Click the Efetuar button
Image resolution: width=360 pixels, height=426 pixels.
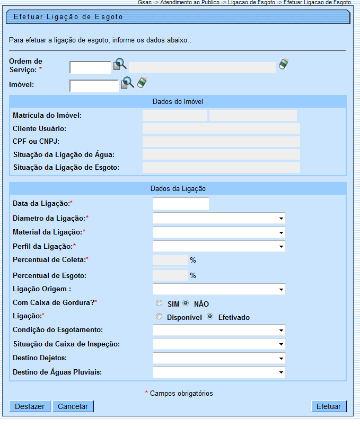click(x=329, y=406)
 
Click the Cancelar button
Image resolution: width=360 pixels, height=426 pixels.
click(x=73, y=406)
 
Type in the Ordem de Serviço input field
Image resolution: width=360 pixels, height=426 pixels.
click(x=90, y=67)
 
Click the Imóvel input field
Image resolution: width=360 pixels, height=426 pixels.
click(x=94, y=85)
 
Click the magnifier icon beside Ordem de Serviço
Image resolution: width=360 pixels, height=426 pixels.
click(x=120, y=65)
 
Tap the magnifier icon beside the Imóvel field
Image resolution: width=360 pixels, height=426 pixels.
click(x=127, y=83)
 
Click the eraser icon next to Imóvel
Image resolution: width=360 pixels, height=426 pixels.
click(x=142, y=82)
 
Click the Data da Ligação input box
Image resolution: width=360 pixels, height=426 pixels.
click(x=181, y=204)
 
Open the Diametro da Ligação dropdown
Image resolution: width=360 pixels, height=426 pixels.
click(x=218, y=218)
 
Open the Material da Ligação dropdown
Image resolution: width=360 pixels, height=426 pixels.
click(x=218, y=232)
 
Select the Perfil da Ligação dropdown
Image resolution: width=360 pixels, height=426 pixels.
click(x=218, y=246)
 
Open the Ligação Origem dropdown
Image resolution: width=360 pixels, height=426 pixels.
click(x=218, y=289)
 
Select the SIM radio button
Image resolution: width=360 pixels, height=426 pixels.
click(x=159, y=303)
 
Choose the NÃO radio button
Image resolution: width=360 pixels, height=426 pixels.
click(x=186, y=303)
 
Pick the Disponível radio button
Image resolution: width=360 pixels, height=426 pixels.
click(x=159, y=317)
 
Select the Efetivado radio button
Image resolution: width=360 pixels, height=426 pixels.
click(x=210, y=317)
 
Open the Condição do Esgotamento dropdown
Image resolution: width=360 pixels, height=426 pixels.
click(x=218, y=330)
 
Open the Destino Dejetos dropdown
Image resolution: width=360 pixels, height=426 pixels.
click(x=218, y=358)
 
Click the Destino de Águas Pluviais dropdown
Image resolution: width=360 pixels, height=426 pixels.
click(x=218, y=372)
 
